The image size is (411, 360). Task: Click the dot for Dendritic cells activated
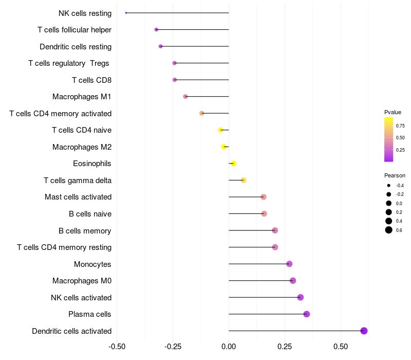click(364, 331)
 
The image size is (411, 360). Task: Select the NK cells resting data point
click(126, 13)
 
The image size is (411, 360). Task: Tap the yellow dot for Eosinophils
click(233, 164)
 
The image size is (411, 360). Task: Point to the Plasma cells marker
click(307, 314)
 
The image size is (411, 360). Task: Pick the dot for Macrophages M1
click(185, 97)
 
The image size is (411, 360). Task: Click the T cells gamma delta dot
click(244, 180)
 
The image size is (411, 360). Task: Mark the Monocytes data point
click(289, 264)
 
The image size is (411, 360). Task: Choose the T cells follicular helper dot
click(156, 30)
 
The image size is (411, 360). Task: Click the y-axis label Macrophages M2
click(82, 147)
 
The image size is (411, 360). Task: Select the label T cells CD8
click(91, 80)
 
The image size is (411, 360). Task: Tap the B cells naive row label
click(90, 214)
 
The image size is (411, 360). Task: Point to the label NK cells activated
click(81, 298)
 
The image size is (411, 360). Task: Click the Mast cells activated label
click(78, 197)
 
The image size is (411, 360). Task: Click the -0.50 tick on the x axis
click(117, 346)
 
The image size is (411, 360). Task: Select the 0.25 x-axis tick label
click(285, 346)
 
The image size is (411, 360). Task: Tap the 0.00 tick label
click(229, 346)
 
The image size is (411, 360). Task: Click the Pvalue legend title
click(393, 112)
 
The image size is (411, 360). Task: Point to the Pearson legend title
click(395, 175)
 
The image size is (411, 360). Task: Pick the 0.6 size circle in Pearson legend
click(389, 230)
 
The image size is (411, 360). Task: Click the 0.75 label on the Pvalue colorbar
click(400, 125)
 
